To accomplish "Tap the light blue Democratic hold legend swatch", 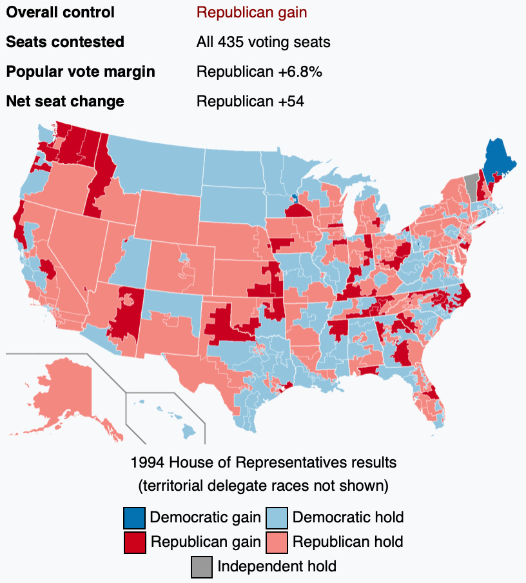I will (x=278, y=517).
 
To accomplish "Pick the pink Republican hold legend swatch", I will (x=278, y=542).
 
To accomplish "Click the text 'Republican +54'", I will (x=250, y=101).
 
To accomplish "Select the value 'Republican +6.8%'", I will (x=259, y=72).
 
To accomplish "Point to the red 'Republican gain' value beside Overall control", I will (x=251, y=12).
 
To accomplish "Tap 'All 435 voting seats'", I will (x=263, y=42).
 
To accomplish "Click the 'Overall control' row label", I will (x=60, y=12).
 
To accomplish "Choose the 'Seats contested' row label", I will (x=64, y=42).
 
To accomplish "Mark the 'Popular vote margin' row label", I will (x=80, y=72).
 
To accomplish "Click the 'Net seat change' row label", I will (x=64, y=101).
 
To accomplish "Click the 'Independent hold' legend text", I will (x=277, y=567).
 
